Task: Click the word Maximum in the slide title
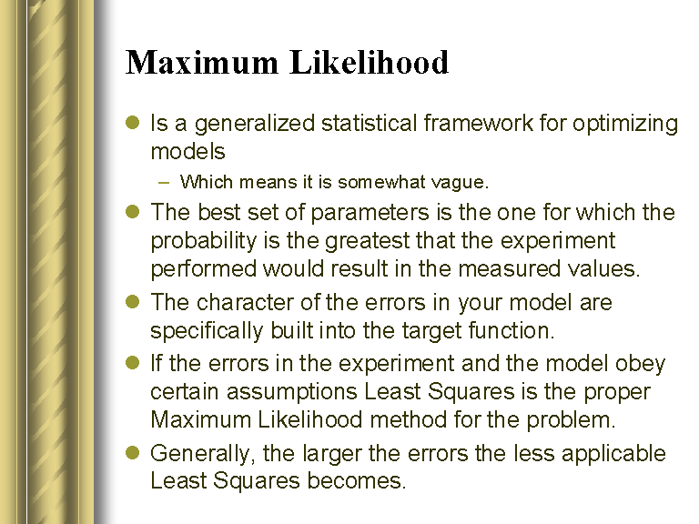coord(202,62)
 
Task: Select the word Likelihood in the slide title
coord(370,62)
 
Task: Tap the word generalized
coord(255,125)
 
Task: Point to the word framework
coord(478,123)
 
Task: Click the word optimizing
coord(625,125)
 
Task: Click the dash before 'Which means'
coord(164,182)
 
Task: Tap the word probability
coord(204,242)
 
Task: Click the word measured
coord(509,269)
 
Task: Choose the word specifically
coord(207,331)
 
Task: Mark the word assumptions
coord(291,393)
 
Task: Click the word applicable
coord(613,455)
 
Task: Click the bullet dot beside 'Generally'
coord(133,453)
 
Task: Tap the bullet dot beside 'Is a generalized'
coord(133,122)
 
